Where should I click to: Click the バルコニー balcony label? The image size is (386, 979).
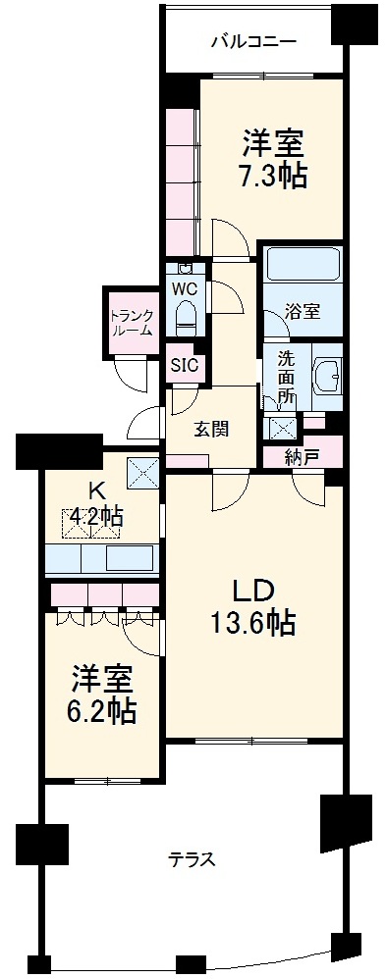[x=254, y=42]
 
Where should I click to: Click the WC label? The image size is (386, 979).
[x=185, y=288]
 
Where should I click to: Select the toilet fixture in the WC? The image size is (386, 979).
[x=185, y=316]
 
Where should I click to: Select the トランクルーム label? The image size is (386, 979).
[x=131, y=322]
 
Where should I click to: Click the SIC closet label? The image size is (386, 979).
[x=184, y=366]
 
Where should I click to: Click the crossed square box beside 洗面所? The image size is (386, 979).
[x=282, y=427]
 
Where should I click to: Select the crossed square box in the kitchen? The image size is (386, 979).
[x=142, y=473]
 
